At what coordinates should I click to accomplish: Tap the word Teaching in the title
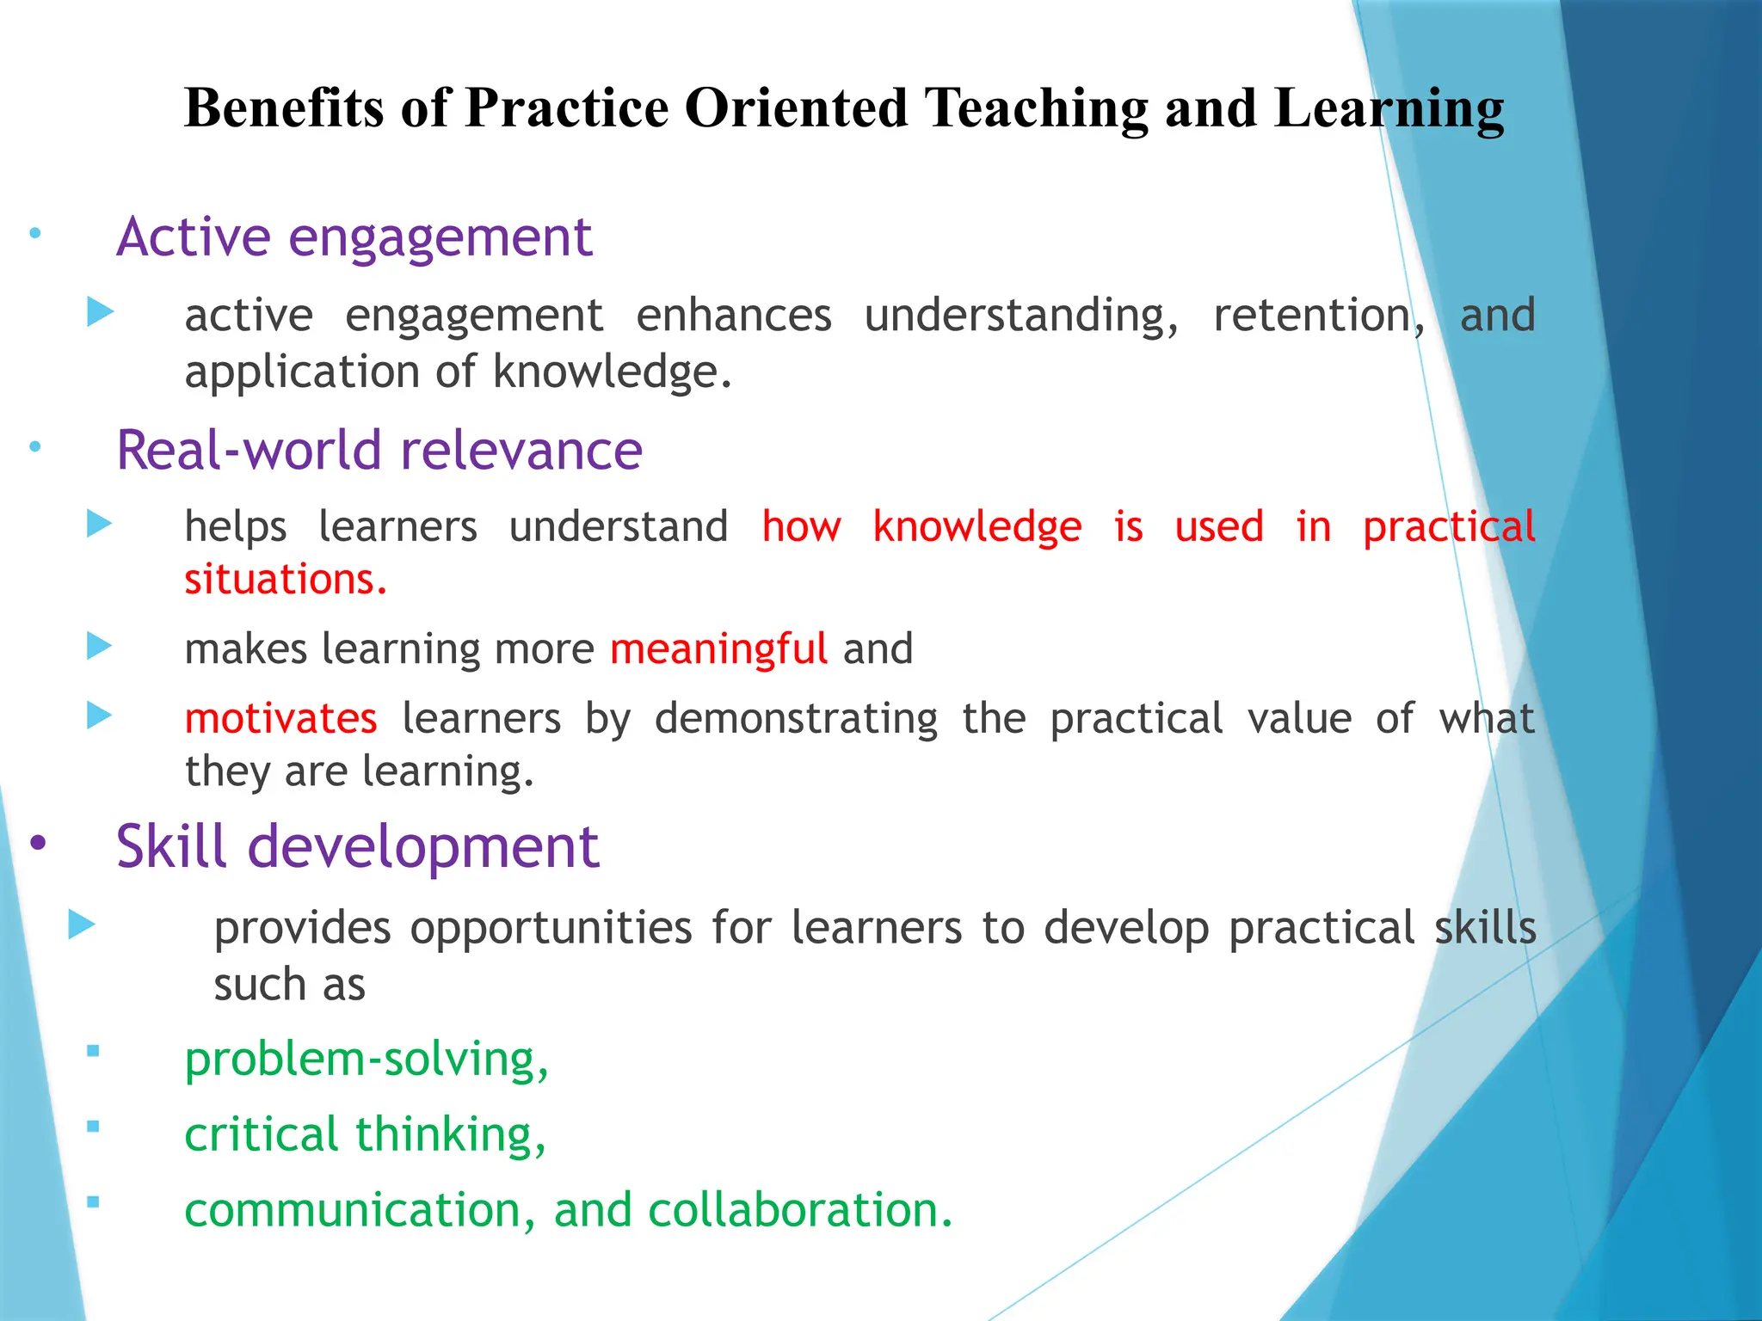[1036, 108]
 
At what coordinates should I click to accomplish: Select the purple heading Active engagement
[354, 237]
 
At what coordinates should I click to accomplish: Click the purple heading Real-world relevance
[379, 450]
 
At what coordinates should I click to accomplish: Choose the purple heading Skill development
[357, 846]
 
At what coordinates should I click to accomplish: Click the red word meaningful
[718, 648]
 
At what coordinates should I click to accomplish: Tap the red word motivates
[281, 718]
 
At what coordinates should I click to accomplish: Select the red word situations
[286, 579]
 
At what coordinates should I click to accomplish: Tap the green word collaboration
[800, 1209]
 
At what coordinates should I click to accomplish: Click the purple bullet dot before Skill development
[38, 844]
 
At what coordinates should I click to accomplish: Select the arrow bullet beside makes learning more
[100, 646]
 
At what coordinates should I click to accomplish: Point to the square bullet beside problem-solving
[93, 1050]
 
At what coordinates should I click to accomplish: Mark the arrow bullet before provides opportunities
[82, 925]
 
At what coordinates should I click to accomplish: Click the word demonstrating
[796, 718]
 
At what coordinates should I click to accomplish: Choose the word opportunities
[551, 928]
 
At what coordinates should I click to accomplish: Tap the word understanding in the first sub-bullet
[1021, 315]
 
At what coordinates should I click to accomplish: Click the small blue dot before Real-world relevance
[35, 446]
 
